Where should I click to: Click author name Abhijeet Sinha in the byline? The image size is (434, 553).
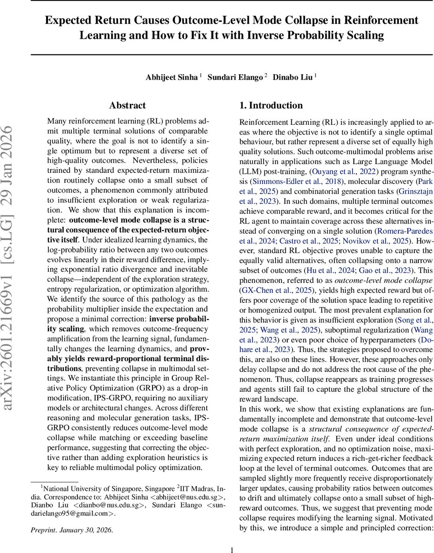[171, 77]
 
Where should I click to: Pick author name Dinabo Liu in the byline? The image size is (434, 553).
[293, 77]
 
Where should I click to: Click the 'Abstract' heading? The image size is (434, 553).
[128, 106]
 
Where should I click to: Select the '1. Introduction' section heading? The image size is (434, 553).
[271, 106]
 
